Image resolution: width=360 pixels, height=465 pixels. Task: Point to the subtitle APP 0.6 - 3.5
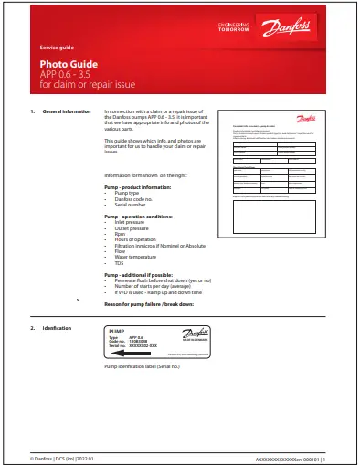pos(65,73)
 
